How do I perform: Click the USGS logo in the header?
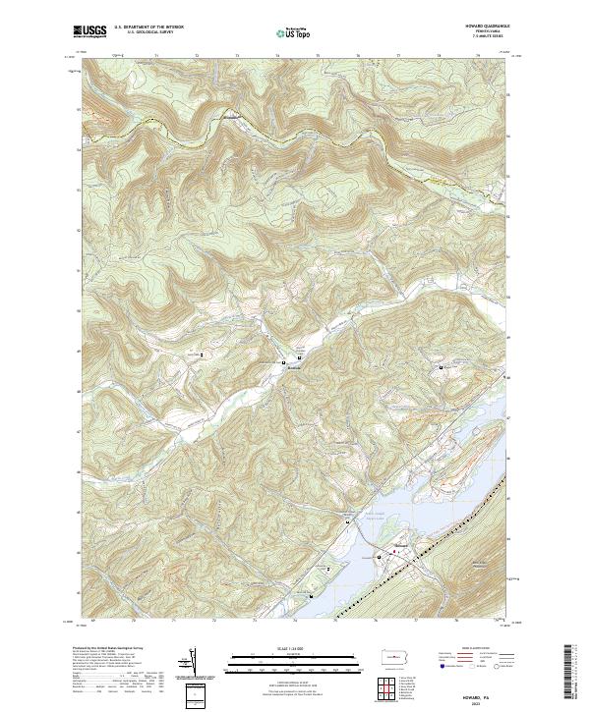coord(89,30)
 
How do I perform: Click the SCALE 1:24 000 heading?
coord(293,649)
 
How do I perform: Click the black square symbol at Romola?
coord(284,362)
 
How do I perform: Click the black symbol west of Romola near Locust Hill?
coord(203,354)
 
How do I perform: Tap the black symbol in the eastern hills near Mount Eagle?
coord(441,366)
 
